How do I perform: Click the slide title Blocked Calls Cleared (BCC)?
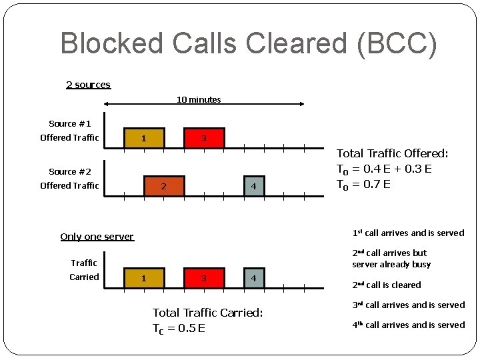(249, 44)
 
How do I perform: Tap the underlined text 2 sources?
(88, 85)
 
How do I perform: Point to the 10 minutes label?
(199, 100)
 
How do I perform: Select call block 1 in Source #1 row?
(144, 138)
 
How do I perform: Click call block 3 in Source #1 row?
(204, 138)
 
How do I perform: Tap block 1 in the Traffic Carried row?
(144, 277)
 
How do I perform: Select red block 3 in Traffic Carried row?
(204, 277)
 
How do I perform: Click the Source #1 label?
(69, 124)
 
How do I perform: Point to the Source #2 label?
(69, 172)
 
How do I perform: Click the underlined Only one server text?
(97, 237)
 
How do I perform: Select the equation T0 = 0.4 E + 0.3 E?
(384, 169)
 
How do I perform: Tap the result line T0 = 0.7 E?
(363, 184)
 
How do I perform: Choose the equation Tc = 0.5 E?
(179, 328)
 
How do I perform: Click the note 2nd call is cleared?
(387, 285)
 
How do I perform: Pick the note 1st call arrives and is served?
(408, 233)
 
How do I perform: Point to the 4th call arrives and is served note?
(408, 325)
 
